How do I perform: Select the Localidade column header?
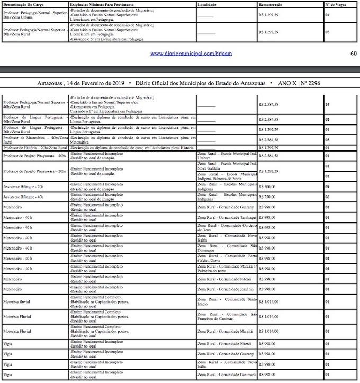click(208, 4)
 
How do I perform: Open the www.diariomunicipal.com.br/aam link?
click(192, 53)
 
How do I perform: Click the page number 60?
click(354, 53)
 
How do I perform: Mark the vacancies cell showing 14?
click(328, 105)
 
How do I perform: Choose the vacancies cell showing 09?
click(328, 186)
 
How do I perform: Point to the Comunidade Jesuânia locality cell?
click(226, 289)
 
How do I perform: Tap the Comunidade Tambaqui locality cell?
click(227, 217)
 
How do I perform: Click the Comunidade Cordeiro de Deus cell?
click(227, 228)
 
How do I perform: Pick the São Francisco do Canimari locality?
click(227, 316)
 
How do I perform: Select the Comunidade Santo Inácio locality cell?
click(227, 302)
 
